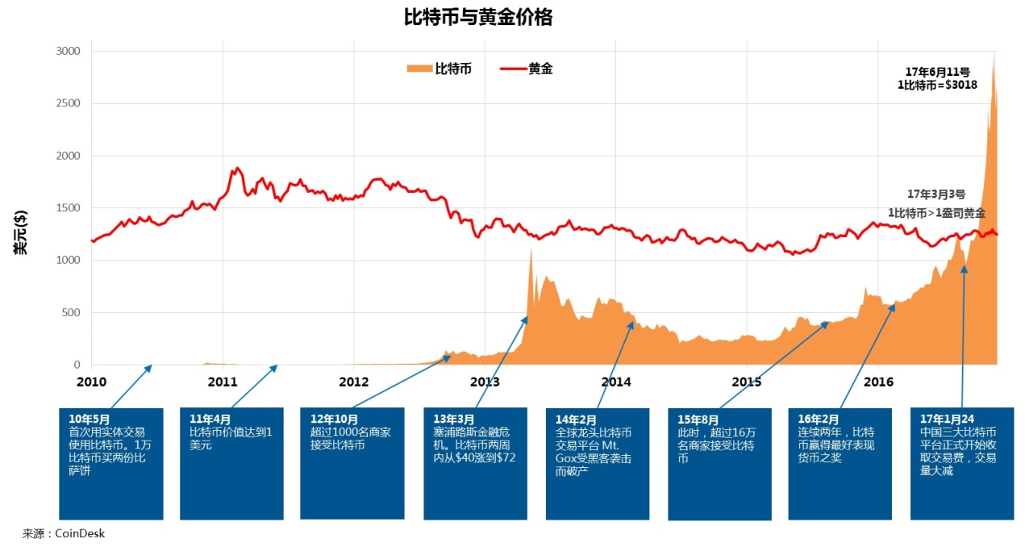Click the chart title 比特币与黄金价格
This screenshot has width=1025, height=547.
[477, 18]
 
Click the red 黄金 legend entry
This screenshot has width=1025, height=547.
[527, 69]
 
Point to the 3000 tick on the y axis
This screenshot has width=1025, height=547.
[69, 51]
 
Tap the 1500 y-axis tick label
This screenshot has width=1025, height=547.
[69, 208]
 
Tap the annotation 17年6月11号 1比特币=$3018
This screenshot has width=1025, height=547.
[938, 77]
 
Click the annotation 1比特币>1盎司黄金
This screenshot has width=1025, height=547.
[936, 213]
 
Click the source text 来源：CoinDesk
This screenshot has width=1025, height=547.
[64, 533]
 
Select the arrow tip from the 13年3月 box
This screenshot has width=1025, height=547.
[527, 318]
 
